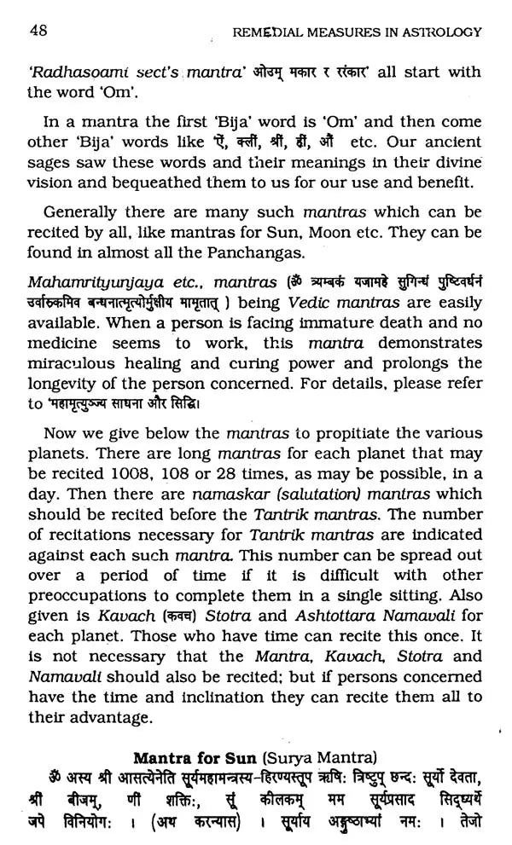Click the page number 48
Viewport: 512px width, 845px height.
click(38, 32)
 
